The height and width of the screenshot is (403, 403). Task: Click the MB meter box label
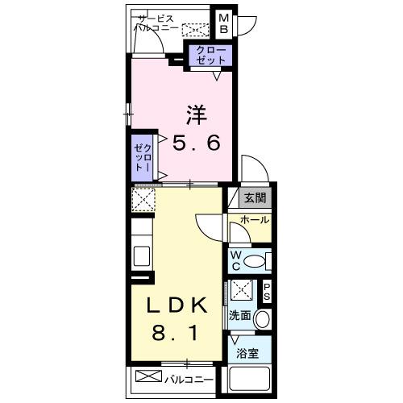222,23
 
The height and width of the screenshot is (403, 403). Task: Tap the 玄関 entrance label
255,198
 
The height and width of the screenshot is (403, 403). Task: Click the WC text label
236,260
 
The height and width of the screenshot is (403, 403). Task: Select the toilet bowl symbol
256,260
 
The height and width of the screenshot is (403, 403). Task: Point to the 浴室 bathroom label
248,353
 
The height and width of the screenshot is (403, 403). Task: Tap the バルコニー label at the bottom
191,377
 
